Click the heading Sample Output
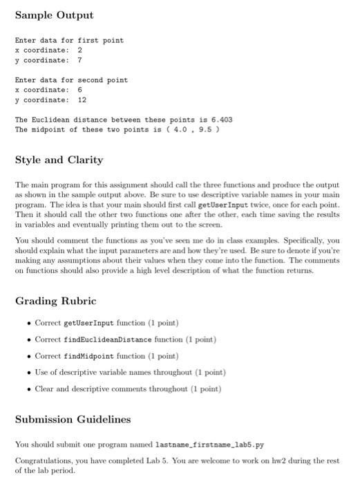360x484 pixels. tap(54, 15)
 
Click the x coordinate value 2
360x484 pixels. tap(80, 50)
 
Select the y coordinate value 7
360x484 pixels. tap(80, 60)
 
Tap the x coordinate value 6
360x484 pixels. tap(80, 90)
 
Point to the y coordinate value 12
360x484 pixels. tap(82, 100)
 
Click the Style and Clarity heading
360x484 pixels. tap(59, 160)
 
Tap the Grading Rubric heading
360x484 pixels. tap(56, 301)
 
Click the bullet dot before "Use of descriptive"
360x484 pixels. tap(27, 372)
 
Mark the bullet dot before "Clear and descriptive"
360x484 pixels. tap(27, 389)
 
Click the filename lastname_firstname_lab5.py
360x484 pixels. tap(225, 443)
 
